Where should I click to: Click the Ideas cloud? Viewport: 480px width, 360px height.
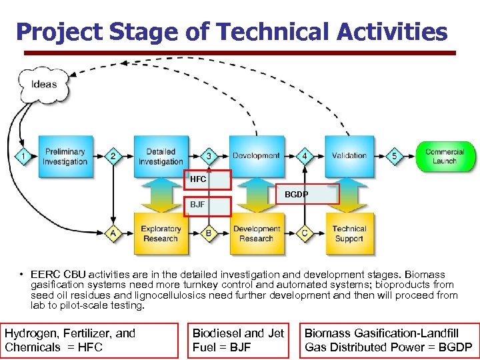click(43, 84)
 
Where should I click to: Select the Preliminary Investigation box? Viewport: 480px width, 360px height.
click(65, 157)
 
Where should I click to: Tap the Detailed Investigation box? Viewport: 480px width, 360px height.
click(161, 157)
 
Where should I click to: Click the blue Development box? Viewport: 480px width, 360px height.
click(256, 156)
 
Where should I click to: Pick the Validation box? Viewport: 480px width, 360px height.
click(349, 156)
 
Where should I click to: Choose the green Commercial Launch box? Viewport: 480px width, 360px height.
click(444, 157)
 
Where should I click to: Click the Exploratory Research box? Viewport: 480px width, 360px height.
click(161, 233)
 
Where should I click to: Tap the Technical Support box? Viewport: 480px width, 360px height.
click(349, 233)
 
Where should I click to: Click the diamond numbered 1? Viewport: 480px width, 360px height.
click(23, 157)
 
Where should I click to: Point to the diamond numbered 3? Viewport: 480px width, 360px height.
click(209, 157)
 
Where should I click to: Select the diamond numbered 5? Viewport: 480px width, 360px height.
click(394, 157)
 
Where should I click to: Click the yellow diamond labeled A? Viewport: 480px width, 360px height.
click(113, 233)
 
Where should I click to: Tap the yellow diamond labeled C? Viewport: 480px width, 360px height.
click(305, 233)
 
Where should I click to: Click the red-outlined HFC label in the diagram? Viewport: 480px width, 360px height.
click(208, 180)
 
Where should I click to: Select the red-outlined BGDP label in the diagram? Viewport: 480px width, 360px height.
click(308, 194)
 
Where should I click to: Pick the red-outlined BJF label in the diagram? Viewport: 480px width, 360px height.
click(208, 205)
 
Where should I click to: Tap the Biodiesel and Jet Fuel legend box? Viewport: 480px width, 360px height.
click(238, 340)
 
